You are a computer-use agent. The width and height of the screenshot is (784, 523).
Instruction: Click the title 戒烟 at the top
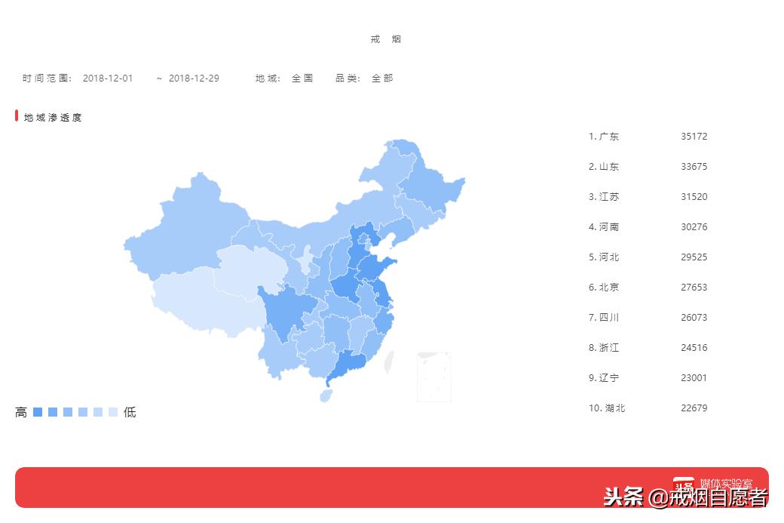[386, 39]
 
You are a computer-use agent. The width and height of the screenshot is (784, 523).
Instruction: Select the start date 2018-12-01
[108, 78]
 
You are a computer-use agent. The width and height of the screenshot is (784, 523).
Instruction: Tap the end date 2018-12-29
[194, 78]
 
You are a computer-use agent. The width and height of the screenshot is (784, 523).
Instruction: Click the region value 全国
[302, 78]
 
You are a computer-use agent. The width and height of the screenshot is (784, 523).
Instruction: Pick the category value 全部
[382, 78]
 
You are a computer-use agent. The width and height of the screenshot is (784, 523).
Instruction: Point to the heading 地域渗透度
[53, 118]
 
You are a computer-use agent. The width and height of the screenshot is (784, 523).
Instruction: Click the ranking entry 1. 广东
[604, 137]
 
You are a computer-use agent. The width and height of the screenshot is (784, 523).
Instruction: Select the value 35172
[694, 137]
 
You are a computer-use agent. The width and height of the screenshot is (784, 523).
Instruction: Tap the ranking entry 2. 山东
[604, 167]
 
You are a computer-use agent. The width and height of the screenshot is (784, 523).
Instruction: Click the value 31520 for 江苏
[694, 197]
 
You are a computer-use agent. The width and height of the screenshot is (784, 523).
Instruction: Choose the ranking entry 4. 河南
[604, 227]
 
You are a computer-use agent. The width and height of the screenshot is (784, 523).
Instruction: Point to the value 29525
[694, 257]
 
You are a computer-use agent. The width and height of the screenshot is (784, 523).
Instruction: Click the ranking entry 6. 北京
[604, 288]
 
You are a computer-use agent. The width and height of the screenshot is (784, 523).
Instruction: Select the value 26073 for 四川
[694, 318]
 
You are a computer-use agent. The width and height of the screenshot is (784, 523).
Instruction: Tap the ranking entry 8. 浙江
[604, 348]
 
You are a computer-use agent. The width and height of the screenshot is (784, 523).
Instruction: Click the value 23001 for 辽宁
[694, 378]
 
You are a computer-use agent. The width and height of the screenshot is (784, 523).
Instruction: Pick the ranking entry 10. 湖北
[607, 408]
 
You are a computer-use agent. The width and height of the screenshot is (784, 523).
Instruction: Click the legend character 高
[21, 413]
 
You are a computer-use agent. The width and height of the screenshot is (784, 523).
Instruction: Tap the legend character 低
[130, 413]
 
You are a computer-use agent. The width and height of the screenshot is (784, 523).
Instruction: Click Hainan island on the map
[326, 395]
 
